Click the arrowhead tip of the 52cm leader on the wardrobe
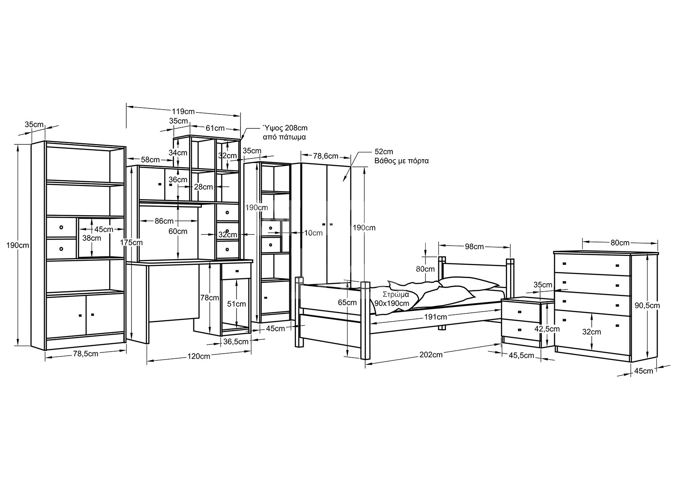tap(343, 182)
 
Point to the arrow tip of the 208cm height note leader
tap(241, 140)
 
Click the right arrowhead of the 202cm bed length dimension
tap(500, 344)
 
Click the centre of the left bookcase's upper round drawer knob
tap(61, 227)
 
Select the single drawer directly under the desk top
tap(236, 271)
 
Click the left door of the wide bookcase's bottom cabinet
tap(66, 316)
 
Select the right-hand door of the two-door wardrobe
tap(339, 224)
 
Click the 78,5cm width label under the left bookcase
tap(85, 353)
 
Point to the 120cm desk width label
tap(199, 356)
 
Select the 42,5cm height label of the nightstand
tap(547, 329)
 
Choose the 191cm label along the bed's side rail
tap(435, 317)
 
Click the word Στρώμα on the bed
tap(396, 294)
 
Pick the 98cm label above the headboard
tap(474, 247)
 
